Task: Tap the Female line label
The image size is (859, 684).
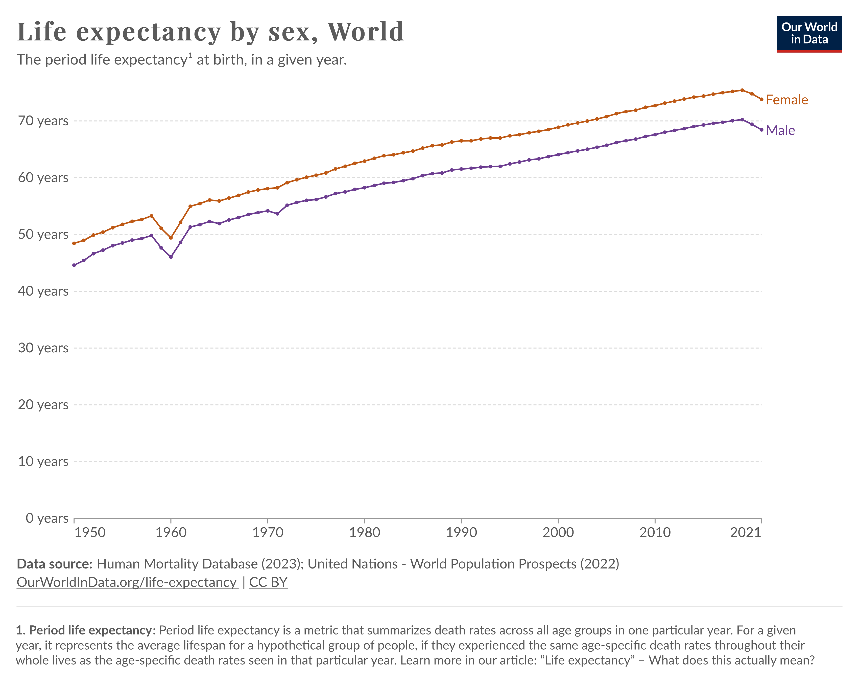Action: pyautogui.click(x=786, y=100)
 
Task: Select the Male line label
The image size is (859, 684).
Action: pyautogui.click(x=780, y=130)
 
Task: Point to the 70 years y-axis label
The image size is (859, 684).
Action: pyautogui.click(x=43, y=121)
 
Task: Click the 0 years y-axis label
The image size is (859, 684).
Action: pyautogui.click(x=47, y=518)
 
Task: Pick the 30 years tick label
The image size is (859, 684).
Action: pyautogui.click(x=43, y=348)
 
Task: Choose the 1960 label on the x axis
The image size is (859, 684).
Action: pyautogui.click(x=171, y=533)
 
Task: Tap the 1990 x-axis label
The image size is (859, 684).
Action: pyautogui.click(x=461, y=533)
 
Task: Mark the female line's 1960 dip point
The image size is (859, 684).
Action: pyautogui.click(x=171, y=238)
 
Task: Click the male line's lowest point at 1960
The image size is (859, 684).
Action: pyautogui.click(x=171, y=257)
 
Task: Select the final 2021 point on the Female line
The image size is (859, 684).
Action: pyautogui.click(x=761, y=99)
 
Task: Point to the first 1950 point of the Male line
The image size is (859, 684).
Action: pyautogui.click(x=74, y=265)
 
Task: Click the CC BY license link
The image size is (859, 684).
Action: pyautogui.click(x=268, y=582)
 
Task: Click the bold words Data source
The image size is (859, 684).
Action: pyautogui.click(x=55, y=564)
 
